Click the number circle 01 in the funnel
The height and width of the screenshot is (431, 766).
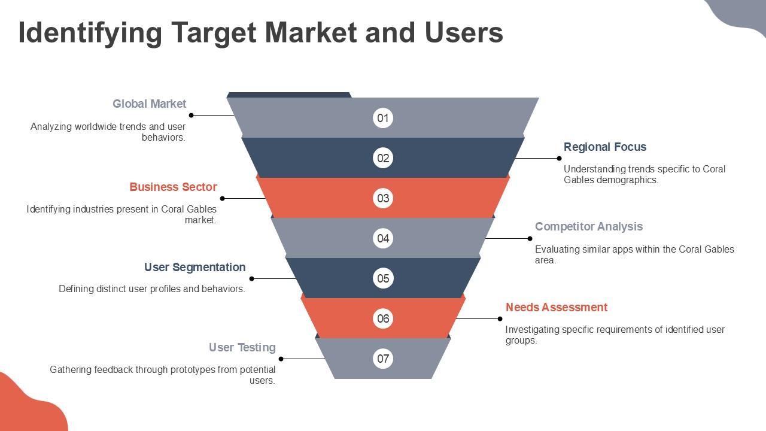[382, 118]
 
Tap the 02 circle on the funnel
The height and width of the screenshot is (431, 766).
[382, 158]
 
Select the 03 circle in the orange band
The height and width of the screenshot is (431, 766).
[382, 198]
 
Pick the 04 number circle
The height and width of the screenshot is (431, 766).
[382, 238]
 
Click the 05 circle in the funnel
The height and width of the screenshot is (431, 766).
[382, 278]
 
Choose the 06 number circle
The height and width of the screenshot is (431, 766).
[382, 318]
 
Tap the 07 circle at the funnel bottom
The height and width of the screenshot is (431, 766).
[382, 359]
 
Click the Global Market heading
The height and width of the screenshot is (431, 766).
[150, 104]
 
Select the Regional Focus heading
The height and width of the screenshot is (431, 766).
[605, 147]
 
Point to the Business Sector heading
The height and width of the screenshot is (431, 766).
[173, 187]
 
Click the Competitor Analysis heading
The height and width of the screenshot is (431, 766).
[589, 226]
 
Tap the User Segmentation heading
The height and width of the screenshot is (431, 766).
[195, 267]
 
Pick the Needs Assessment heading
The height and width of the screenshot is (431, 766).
[557, 307]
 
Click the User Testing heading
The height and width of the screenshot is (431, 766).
[242, 348]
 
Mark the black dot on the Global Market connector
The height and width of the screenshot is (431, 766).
[191, 116]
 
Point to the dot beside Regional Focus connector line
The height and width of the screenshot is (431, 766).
[559, 159]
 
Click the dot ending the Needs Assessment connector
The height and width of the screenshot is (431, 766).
[500, 319]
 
